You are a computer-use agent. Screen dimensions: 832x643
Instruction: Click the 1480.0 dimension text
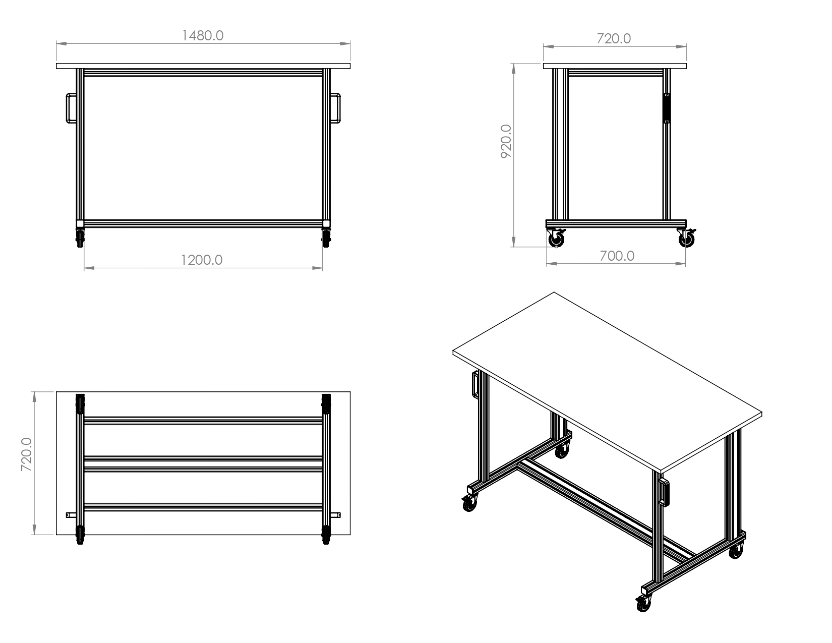(203, 36)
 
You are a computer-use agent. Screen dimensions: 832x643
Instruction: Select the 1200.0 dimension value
(201, 260)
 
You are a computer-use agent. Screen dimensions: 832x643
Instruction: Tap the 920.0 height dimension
(506, 141)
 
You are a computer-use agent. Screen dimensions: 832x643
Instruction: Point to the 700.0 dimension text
(617, 256)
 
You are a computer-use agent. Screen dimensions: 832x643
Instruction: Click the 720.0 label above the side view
(614, 39)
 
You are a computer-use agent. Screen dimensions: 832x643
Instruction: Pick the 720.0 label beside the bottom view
(26, 454)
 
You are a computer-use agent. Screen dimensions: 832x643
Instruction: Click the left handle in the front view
(71, 108)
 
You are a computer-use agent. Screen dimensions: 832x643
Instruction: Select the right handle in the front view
(335, 108)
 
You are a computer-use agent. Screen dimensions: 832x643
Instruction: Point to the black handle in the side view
(667, 108)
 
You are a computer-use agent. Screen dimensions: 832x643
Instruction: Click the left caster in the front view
(80, 238)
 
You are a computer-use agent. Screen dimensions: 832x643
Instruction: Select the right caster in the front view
(326, 238)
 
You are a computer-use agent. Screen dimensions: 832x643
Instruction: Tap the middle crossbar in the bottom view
(203, 464)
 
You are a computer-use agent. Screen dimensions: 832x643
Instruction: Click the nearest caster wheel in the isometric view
(643, 604)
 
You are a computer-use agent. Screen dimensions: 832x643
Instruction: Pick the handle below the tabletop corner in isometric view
(664, 493)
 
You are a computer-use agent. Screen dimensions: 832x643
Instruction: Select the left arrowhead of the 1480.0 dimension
(61, 44)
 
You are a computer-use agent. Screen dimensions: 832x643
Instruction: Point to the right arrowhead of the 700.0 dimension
(680, 263)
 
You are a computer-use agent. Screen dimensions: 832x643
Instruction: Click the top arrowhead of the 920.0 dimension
(513, 69)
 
